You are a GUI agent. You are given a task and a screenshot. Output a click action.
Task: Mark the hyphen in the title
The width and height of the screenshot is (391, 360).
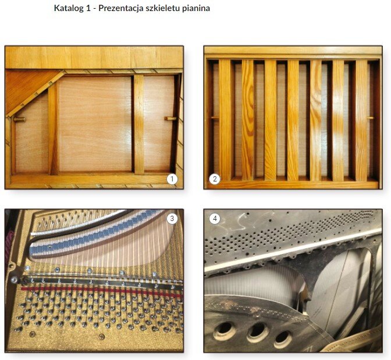pos(94,9)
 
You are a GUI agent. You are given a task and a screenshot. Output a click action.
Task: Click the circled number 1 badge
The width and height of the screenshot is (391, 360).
pos(172,179)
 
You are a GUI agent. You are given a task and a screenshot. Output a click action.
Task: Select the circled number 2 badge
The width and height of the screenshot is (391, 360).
pos(215,179)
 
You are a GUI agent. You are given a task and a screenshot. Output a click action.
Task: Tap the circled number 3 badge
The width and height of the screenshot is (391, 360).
pos(172,219)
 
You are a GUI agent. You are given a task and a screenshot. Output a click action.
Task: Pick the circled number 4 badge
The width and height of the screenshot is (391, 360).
pos(215,219)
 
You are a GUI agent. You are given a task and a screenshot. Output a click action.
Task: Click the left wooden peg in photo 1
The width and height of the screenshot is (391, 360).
pos(19,119)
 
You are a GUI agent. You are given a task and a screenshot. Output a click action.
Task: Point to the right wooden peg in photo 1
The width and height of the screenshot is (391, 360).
pos(170,119)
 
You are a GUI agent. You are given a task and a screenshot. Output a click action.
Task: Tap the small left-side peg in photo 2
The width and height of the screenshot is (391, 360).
pos(215,117)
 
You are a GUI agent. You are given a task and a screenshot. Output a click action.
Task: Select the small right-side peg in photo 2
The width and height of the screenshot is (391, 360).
pos(370,117)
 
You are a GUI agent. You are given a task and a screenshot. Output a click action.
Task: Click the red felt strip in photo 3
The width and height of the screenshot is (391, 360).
pos(102,292)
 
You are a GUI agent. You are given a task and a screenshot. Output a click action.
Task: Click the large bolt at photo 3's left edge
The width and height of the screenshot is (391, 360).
pos(14,280)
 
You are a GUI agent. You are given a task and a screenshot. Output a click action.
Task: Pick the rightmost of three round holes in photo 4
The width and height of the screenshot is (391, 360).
pos(284,339)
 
